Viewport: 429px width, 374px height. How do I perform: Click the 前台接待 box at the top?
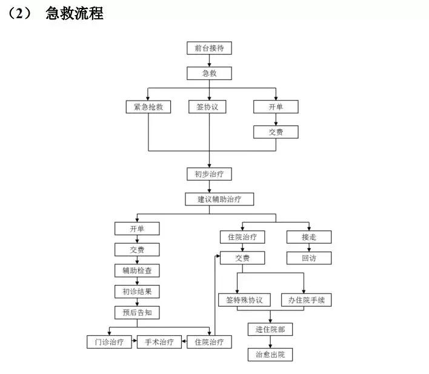(x=209, y=48)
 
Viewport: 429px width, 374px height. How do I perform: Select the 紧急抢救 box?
(x=148, y=107)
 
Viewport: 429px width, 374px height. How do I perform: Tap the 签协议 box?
(x=209, y=107)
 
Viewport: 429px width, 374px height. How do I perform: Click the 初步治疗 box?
(x=209, y=174)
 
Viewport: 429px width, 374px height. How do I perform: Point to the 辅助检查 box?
(x=137, y=270)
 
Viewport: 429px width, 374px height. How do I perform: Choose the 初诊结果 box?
(x=137, y=292)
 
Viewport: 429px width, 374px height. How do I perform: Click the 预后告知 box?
(x=137, y=312)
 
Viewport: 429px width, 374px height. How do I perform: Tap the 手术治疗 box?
(x=159, y=342)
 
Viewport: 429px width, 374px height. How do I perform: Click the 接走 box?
(x=308, y=237)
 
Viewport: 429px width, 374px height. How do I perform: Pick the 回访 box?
(x=308, y=258)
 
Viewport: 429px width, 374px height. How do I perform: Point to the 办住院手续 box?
(x=306, y=300)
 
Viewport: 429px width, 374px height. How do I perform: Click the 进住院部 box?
(x=270, y=329)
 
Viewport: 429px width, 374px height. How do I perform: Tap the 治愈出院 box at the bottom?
(x=270, y=354)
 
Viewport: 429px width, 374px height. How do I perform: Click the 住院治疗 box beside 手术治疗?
(x=209, y=342)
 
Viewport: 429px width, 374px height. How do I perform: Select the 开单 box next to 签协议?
(x=276, y=107)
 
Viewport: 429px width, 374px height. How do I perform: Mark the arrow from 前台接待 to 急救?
(x=209, y=61)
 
